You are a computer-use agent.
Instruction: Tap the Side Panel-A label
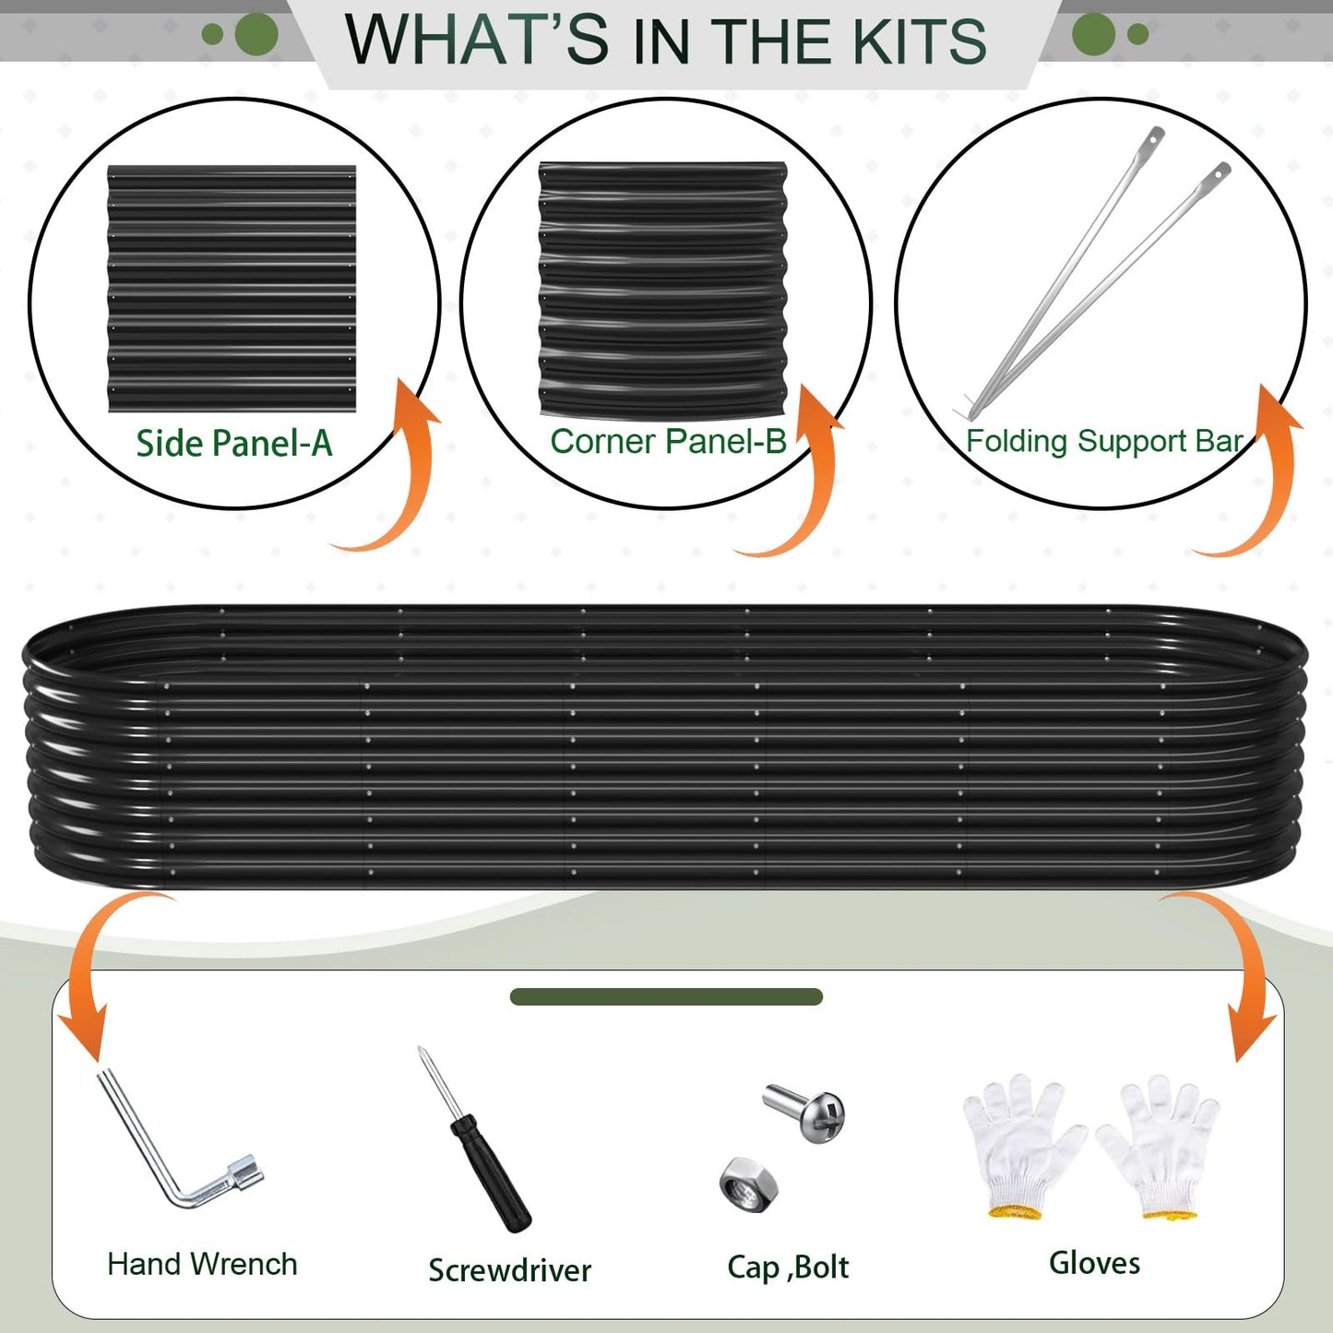[x=233, y=444]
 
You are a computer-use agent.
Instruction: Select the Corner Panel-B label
[x=668, y=441]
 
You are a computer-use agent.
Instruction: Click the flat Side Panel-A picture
[x=232, y=289]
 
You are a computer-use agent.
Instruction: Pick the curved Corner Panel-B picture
[x=663, y=290]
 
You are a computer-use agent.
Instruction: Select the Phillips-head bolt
[x=804, y=1112]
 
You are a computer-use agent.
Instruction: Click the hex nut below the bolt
[x=747, y=1184]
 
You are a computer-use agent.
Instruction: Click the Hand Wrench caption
[x=202, y=1264]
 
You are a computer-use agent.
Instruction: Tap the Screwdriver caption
[x=510, y=1270]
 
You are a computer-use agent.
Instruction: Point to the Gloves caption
[x=1094, y=1263]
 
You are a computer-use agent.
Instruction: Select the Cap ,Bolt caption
[x=788, y=1268]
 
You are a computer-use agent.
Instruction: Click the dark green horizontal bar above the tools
[x=666, y=997]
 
